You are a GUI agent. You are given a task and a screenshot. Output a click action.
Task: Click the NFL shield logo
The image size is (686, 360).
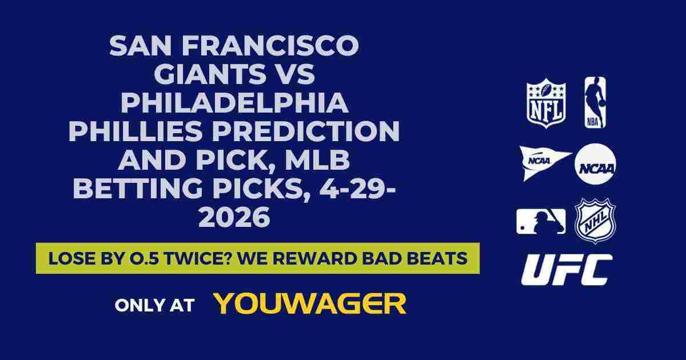(x=545, y=103)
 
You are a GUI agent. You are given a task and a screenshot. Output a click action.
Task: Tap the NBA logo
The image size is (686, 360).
(x=595, y=102)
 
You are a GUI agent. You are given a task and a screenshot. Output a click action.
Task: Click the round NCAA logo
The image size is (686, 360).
(x=595, y=163)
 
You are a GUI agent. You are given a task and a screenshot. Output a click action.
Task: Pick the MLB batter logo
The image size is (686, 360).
(x=541, y=221)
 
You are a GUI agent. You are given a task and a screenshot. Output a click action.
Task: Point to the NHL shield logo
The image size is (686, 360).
(x=595, y=221)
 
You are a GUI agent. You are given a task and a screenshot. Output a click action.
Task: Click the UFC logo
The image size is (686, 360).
(x=567, y=270)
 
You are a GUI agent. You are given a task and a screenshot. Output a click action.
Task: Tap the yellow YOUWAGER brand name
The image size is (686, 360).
(x=310, y=304)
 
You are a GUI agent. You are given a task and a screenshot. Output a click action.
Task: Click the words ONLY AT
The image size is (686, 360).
(x=154, y=305)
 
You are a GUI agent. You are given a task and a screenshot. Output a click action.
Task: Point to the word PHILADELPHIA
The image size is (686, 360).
(x=234, y=103)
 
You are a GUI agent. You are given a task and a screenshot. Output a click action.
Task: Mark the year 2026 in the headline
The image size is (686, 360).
(x=234, y=218)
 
